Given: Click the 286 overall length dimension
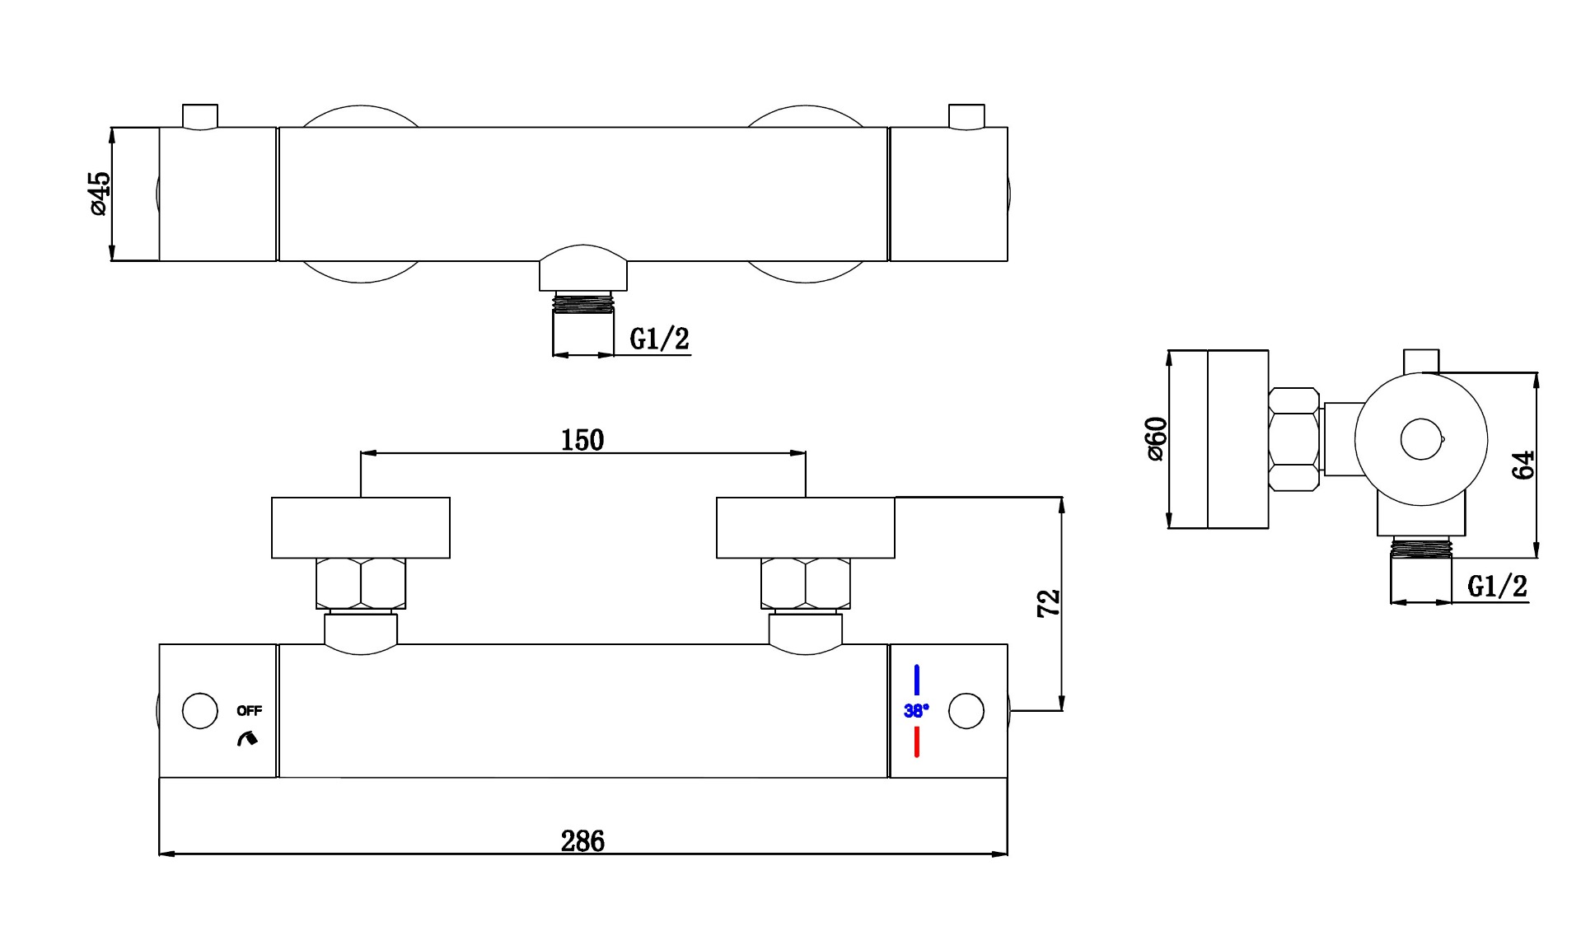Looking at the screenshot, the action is point(582,841).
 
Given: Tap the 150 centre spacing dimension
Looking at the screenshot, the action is point(582,440).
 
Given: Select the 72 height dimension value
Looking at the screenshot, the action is point(1048,603).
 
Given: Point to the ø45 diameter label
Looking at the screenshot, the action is point(98,194).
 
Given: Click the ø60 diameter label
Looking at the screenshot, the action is point(1156,439).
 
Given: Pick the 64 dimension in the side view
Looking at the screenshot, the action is point(1523,465).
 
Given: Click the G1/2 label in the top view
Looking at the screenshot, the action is point(659,339).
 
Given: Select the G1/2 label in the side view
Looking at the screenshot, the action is point(1497,587).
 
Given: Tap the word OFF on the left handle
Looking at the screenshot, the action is point(249,710).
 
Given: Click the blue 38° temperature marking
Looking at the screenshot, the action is point(916,710).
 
